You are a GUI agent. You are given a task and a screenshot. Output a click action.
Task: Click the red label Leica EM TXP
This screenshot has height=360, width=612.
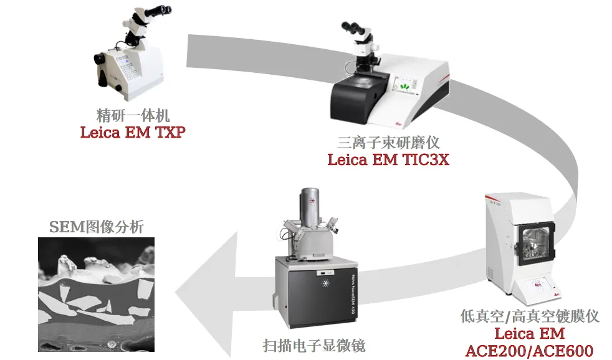(133, 132)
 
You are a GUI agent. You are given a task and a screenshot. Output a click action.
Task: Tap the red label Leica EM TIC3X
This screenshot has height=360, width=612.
(388, 159)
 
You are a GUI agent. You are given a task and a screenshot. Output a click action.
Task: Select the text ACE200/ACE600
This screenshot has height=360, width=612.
(529, 351)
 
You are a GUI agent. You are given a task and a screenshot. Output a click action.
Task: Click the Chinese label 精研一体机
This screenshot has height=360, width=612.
(133, 115)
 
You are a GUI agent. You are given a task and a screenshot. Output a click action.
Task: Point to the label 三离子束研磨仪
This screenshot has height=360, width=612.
(388, 143)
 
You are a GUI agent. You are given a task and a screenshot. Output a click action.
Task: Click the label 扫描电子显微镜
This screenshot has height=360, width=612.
(314, 346)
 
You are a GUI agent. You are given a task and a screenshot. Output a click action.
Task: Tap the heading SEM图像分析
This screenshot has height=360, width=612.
(97, 227)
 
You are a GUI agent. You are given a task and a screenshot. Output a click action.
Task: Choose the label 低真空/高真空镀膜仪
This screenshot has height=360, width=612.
(529, 316)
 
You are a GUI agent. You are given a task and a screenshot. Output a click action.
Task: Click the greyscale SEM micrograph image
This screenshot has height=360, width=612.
(97, 295)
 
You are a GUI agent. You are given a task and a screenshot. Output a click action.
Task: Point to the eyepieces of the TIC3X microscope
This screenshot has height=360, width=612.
(351, 27)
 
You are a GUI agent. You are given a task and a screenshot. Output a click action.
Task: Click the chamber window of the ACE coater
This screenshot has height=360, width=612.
(535, 243)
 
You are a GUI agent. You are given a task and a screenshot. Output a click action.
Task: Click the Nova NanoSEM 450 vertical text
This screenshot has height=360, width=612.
(353, 295)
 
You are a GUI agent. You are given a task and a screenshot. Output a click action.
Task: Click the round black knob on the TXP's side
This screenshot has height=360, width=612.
(100, 59)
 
